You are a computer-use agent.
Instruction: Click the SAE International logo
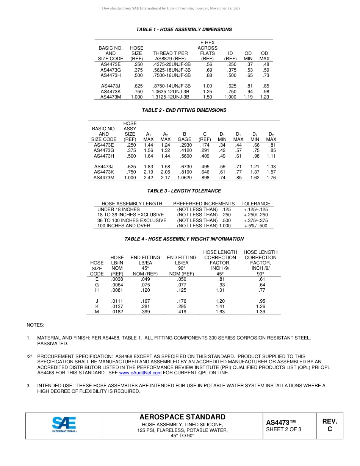[x=64, y=425]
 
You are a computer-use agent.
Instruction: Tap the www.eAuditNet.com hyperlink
[x=140, y=373]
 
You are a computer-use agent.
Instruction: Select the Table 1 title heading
[x=184, y=30]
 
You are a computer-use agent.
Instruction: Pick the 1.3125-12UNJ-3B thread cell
[x=170, y=97]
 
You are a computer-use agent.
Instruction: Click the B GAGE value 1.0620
[x=184, y=177]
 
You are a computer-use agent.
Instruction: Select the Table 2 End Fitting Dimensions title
[x=184, y=110]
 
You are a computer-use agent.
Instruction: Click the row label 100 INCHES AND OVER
[x=124, y=226]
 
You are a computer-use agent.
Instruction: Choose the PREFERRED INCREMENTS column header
[x=204, y=204]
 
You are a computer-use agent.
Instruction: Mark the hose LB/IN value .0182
[x=117, y=312]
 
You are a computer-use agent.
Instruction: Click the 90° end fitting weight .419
[x=182, y=312]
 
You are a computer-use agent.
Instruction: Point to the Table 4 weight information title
[x=184, y=239]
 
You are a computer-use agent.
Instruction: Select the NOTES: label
[x=35, y=325]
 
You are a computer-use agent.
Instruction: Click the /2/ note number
[x=30, y=357]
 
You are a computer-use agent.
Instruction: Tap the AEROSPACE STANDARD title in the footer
[x=182, y=417]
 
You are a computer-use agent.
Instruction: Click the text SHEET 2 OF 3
[x=283, y=429]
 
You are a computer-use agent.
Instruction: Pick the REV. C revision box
[x=329, y=425]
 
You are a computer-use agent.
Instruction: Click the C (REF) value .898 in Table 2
[x=205, y=177]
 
